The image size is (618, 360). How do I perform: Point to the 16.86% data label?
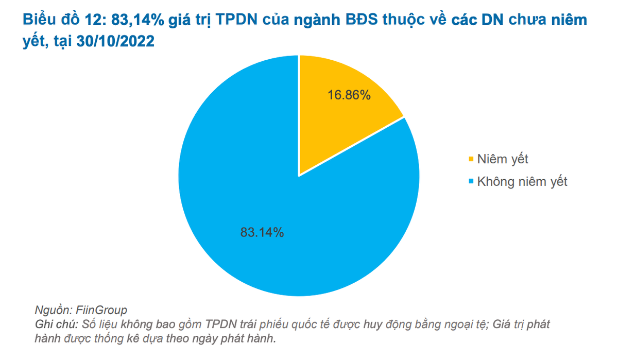click(x=349, y=95)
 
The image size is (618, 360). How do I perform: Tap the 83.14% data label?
click(x=262, y=232)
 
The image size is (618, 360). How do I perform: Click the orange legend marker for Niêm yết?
click(x=470, y=159)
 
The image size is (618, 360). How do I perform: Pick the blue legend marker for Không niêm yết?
click(x=470, y=182)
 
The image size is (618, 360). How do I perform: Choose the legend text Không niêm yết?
click(x=522, y=182)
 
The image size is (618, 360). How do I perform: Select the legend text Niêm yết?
click(x=503, y=159)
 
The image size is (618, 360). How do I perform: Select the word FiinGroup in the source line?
click(x=101, y=310)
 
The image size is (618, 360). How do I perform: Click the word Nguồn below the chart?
click(x=52, y=310)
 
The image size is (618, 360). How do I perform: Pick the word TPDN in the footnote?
click(x=221, y=325)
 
